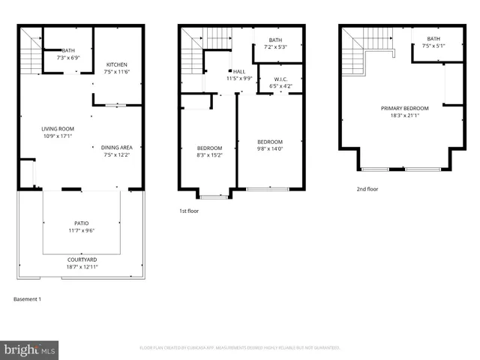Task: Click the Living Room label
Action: tap(57, 129)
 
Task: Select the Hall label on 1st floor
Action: tap(238, 71)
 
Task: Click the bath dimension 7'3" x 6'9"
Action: tap(68, 58)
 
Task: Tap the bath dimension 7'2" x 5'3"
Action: tap(275, 47)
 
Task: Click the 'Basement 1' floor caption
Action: tap(28, 299)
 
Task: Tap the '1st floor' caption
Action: tap(189, 211)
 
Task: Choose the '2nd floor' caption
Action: tap(367, 189)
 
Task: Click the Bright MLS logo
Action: tap(30, 349)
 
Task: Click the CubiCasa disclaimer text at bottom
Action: tap(240, 348)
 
